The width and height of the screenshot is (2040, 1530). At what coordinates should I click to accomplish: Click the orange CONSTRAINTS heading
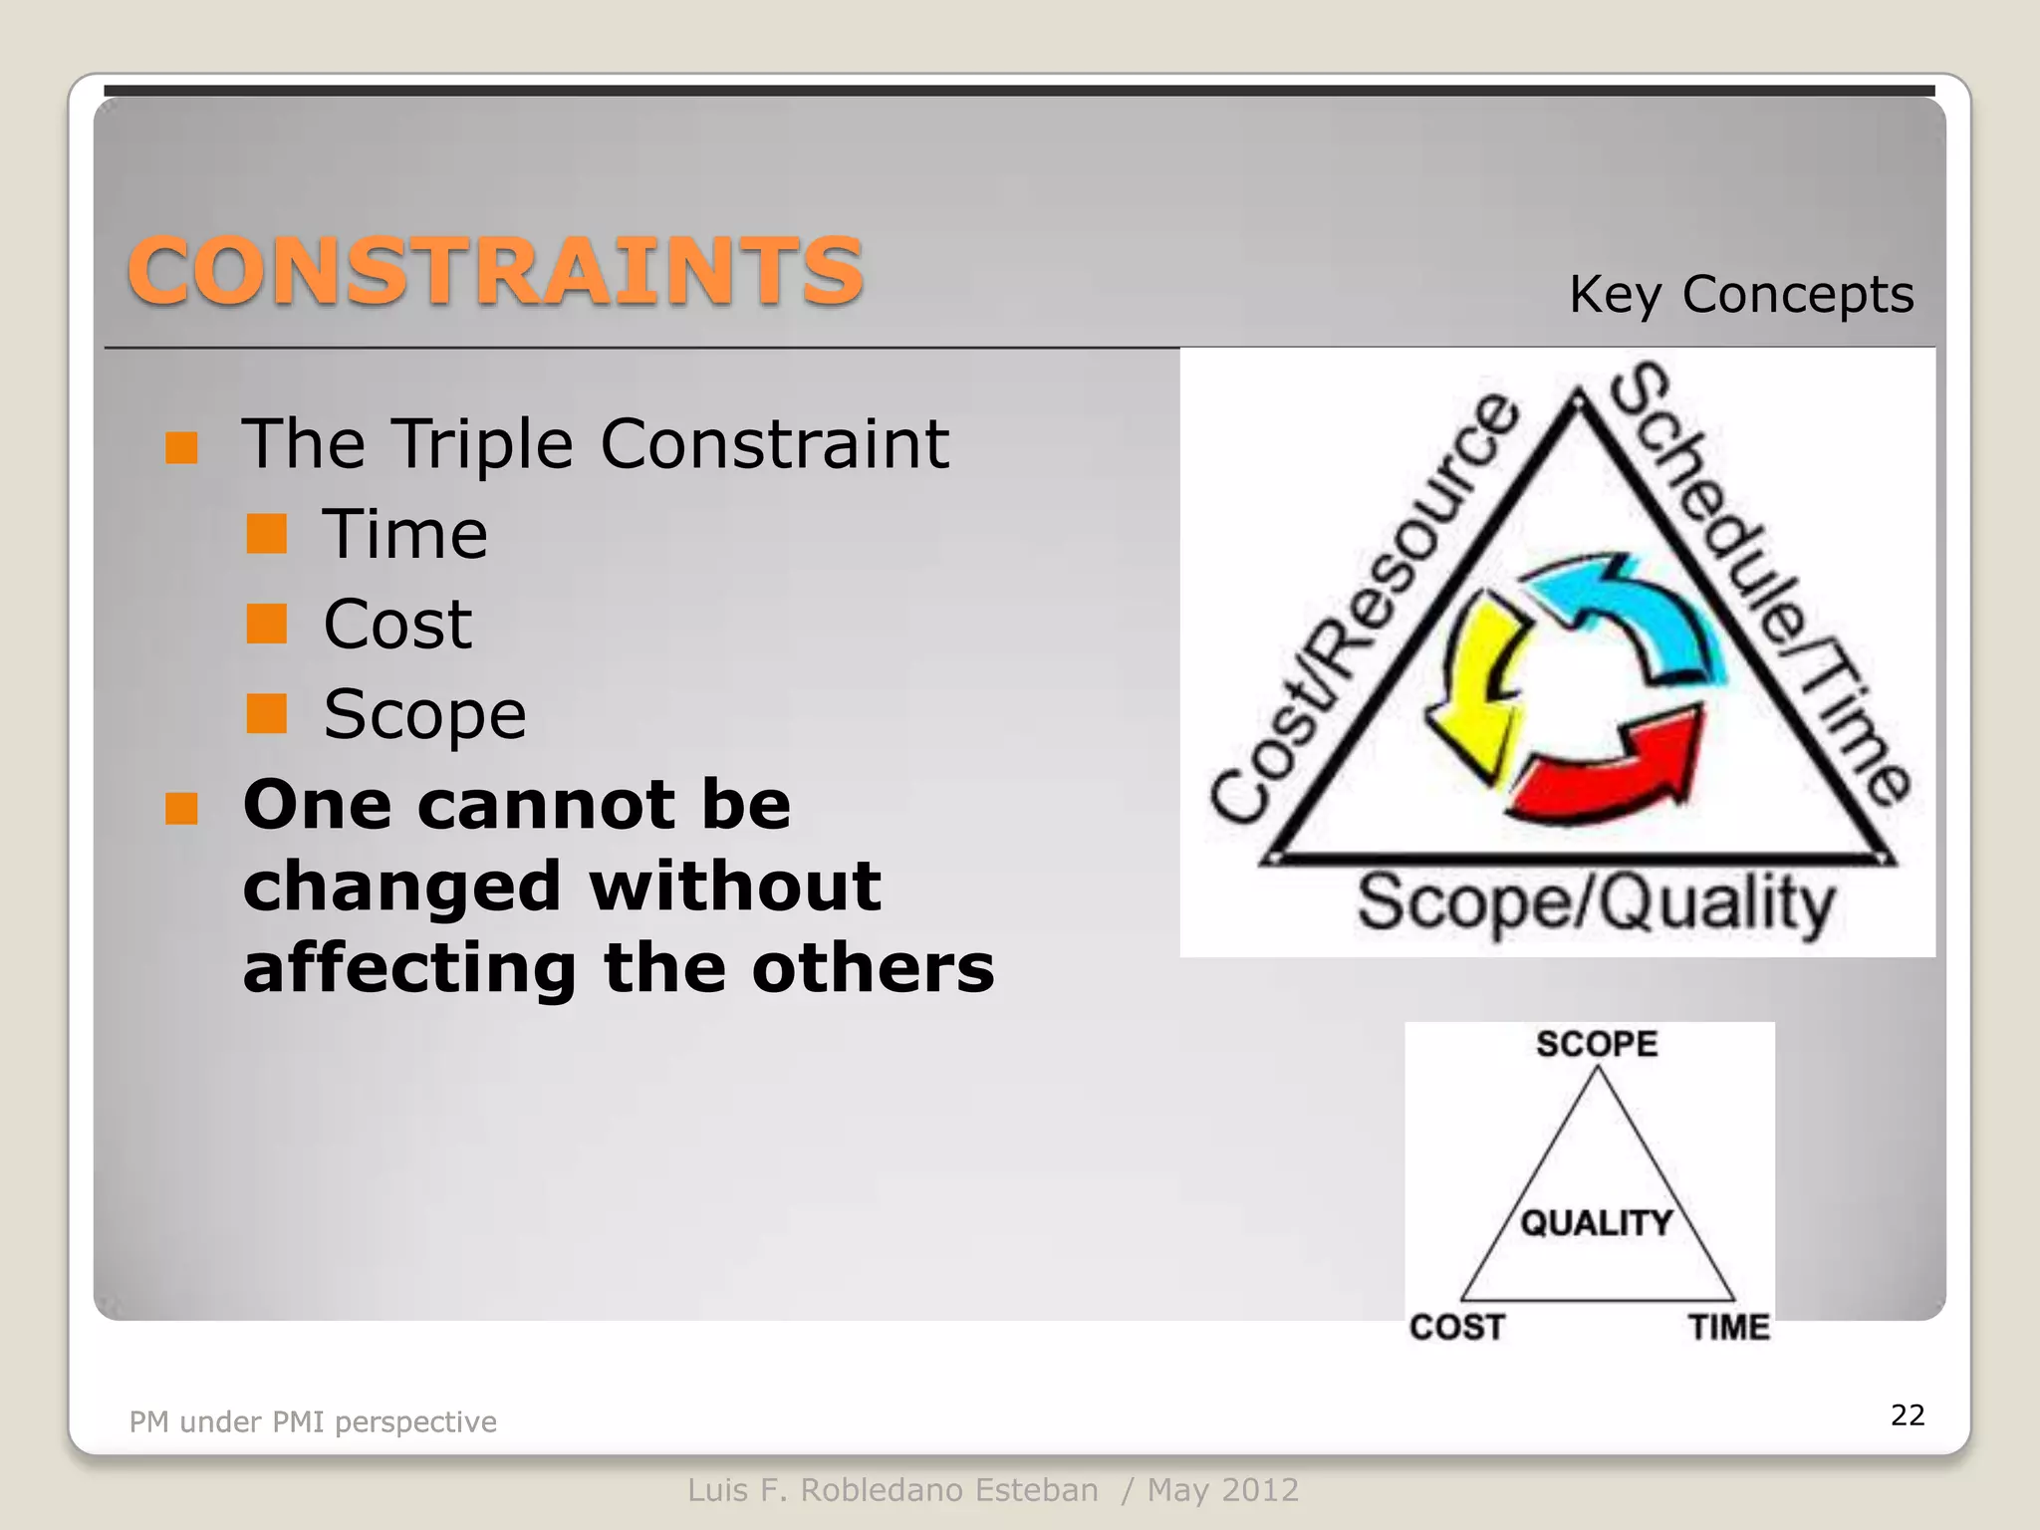click(x=495, y=271)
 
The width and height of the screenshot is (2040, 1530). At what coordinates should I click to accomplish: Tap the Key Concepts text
click(x=1740, y=295)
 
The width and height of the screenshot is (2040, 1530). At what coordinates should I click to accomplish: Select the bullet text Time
click(x=404, y=535)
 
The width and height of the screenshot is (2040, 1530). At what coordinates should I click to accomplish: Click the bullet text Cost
click(x=397, y=625)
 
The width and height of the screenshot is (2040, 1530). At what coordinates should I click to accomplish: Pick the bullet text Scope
click(x=424, y=714)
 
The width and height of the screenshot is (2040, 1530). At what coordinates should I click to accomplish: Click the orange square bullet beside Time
click(x=267, y=534)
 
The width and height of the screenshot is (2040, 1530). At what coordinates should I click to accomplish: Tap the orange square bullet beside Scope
click(x=267, y=713)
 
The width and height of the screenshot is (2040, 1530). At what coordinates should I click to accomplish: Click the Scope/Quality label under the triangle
click(x=1596, y=902)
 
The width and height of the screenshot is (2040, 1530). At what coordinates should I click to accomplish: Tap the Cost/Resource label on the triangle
click(x=1365, y=608)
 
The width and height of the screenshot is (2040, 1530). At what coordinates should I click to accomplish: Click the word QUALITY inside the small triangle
click(x=1596, y=1222)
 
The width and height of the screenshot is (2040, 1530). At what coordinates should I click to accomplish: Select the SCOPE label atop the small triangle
click(x=1596, y=1044)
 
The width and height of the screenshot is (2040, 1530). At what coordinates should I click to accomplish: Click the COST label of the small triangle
click(x=1456, y=1327)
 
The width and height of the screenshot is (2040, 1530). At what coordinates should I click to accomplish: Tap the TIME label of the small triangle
click(x=1728, y=1327)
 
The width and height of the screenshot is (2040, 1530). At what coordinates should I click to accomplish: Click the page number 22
click(x=1907, y=1414)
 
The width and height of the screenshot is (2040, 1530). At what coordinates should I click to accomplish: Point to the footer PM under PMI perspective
click(x=313, y=1421)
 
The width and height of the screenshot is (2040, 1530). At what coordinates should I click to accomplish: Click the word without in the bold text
click(x=735, y=886)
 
